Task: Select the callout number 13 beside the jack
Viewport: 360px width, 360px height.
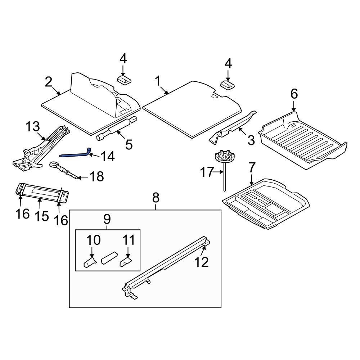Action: coord(32,127)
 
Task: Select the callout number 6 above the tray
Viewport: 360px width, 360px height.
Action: coord(294,94)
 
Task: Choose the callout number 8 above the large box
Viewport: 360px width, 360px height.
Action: coord(156,198)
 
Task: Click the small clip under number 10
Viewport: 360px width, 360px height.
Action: coord(90,262)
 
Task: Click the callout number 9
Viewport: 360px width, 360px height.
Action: coord(107,219)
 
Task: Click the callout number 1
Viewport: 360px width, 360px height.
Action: coord(158,81)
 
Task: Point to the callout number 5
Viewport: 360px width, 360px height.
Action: coord(129,144)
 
